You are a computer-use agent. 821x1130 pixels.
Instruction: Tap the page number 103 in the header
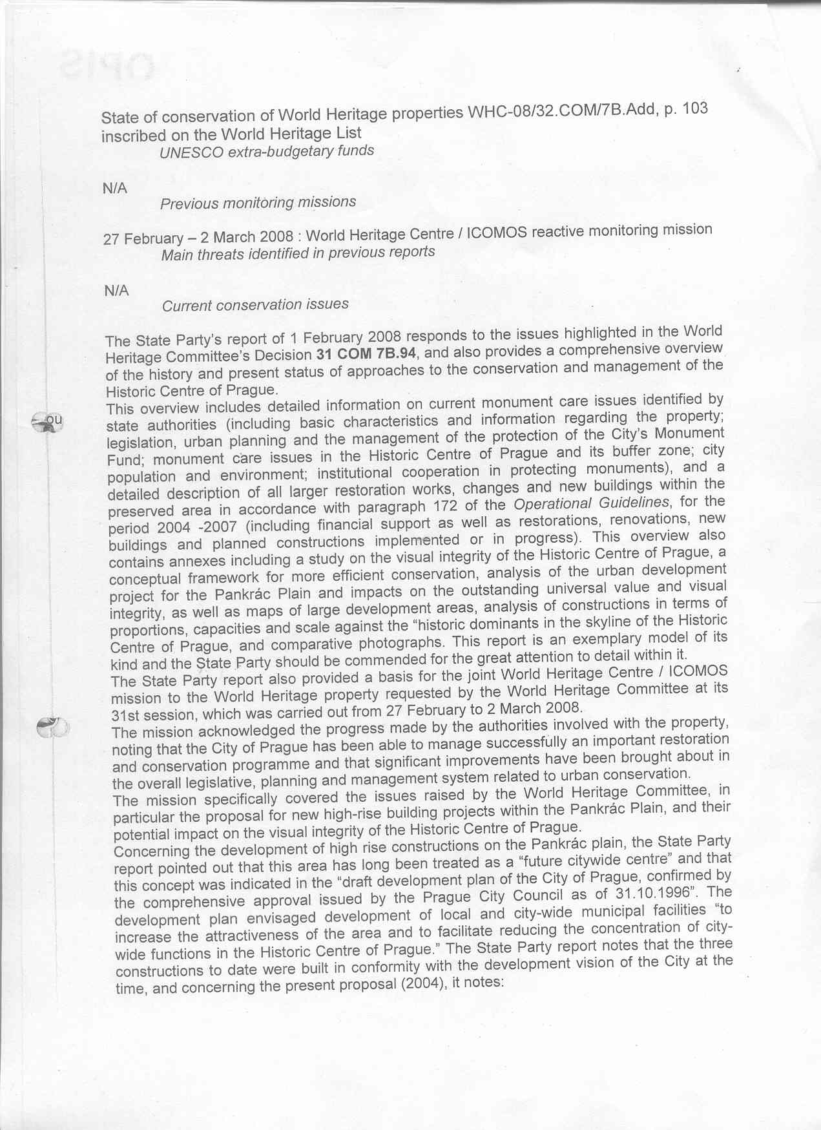(x=694, y=108)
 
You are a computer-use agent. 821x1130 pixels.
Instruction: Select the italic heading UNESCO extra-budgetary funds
(x=267, y=151)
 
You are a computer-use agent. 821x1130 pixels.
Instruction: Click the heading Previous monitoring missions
(x=258, y=203)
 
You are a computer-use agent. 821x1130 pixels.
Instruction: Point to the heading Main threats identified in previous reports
(x=298, y=253)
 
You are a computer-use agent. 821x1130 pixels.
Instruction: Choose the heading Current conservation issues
(x=255, y=304)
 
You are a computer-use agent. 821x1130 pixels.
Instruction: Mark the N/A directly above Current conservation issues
(x=116, y=291)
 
